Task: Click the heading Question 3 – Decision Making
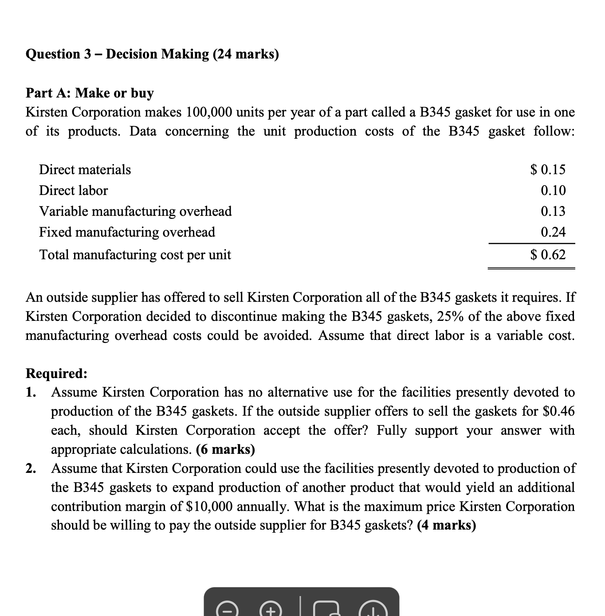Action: (x=152, y=54)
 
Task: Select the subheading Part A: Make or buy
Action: (x=90, y=93)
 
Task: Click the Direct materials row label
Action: (x=85, y=170)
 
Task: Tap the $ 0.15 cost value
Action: (x=548, y=169)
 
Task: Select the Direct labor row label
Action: (x=73, y=191)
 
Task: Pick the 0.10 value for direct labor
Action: (x=553, y=191)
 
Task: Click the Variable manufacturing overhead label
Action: (x=135, y=211)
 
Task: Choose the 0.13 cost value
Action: (x=553, y=211)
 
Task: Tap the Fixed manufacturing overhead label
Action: (x=127, y=232)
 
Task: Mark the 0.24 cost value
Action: (x=553, y=232)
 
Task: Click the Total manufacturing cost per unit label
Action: (x=135, y=255)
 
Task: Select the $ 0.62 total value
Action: (x=548, y=255)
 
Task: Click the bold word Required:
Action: (x=56, y=374)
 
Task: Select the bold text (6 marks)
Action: (x=225, y=450)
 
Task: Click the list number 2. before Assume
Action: (x=31, y=468)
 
